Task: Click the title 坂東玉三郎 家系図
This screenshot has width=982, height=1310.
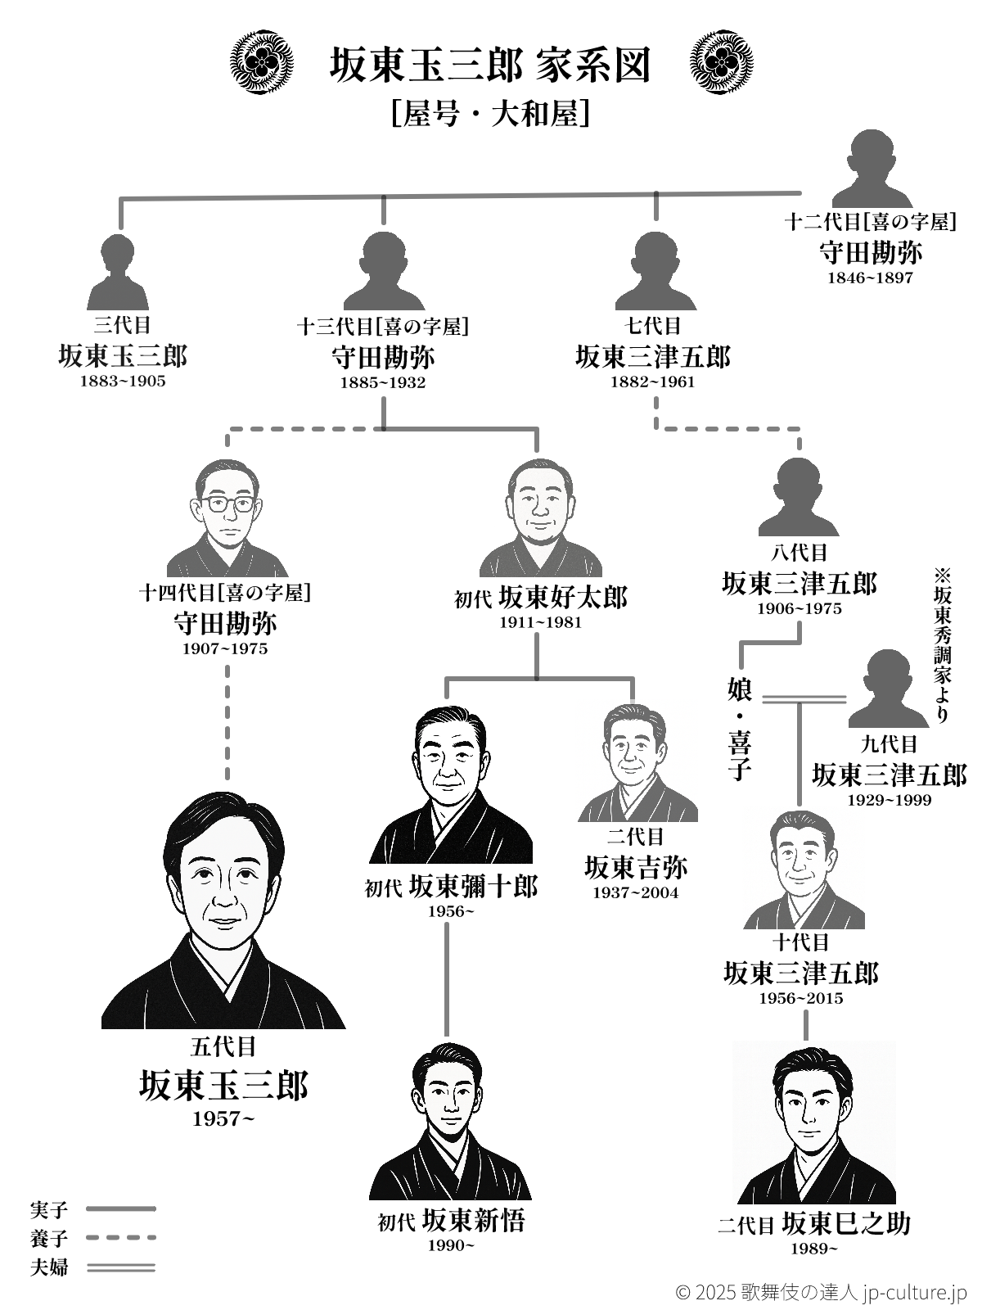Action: (490, 65)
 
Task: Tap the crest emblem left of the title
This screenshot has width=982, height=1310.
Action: (261, 63)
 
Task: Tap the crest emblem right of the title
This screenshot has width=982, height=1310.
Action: (721, 63)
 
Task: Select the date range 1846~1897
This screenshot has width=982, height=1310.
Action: (870, 278)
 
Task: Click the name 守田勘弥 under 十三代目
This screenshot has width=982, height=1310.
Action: (383, 358)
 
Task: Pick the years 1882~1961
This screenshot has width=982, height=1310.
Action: (652, 382)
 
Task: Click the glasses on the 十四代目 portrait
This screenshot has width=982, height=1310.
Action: (228, 504)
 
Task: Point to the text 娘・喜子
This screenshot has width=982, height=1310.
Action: (739, 729)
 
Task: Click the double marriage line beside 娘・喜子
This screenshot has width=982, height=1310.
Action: (804, 699)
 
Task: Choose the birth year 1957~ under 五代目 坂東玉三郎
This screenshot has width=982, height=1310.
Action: (223, 1118)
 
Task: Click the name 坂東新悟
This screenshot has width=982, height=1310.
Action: (474, 1220)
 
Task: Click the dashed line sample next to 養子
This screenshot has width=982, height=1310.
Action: (121, 1238)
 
